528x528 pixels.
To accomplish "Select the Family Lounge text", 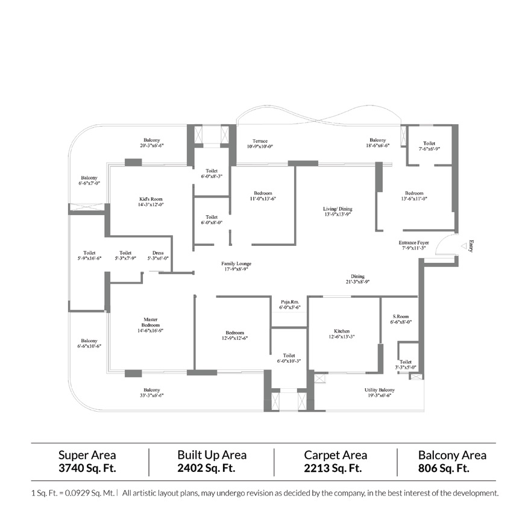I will click(236, 263).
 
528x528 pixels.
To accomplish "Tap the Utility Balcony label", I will click(380, 390).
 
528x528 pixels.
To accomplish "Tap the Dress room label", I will click(158, 253).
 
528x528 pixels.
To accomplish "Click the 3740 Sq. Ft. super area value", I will click(87, 468).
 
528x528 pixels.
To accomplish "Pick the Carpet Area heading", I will click(335, 455).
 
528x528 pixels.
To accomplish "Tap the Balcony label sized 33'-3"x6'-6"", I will click(152, 390).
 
